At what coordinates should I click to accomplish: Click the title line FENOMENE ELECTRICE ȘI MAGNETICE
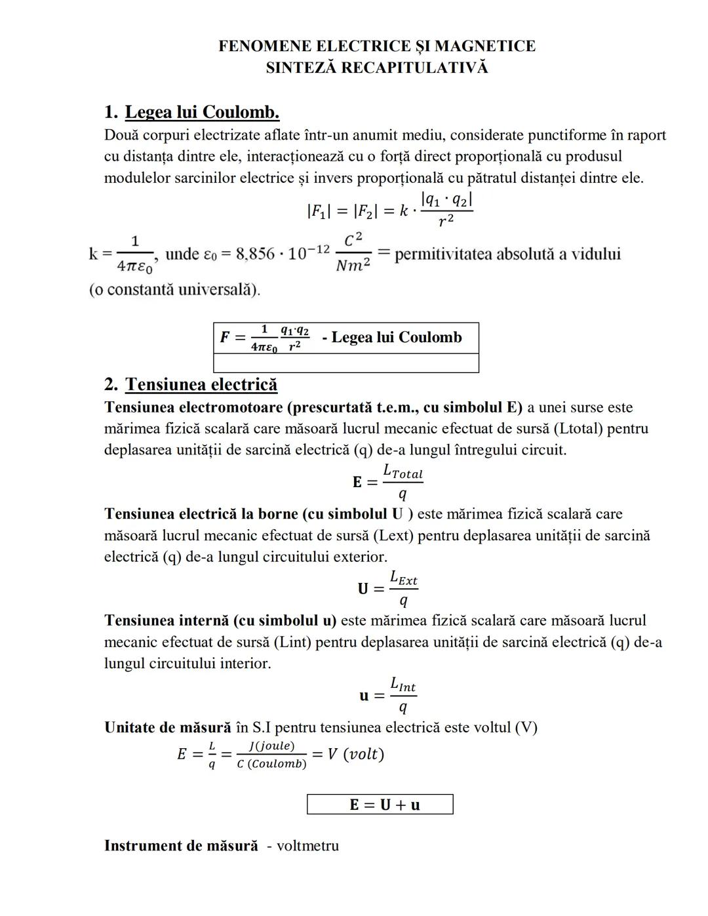point(376,46)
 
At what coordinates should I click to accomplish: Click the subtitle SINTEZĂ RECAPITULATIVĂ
point(376,68)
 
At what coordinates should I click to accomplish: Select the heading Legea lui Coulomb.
point(202,112)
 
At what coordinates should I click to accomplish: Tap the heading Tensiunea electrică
point(201,384)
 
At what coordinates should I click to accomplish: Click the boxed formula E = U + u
point(380,805)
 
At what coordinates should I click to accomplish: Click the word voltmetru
point(307,846)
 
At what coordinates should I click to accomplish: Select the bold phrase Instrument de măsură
point(181,846)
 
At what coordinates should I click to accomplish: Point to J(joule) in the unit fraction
point(271,746)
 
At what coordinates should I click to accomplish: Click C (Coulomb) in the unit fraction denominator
point(271,764)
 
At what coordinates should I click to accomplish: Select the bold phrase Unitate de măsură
point(168,728)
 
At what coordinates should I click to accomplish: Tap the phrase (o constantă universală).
point(174,289)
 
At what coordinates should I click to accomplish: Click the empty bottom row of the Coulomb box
point(346,363)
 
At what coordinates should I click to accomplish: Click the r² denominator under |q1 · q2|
point(446,221)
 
